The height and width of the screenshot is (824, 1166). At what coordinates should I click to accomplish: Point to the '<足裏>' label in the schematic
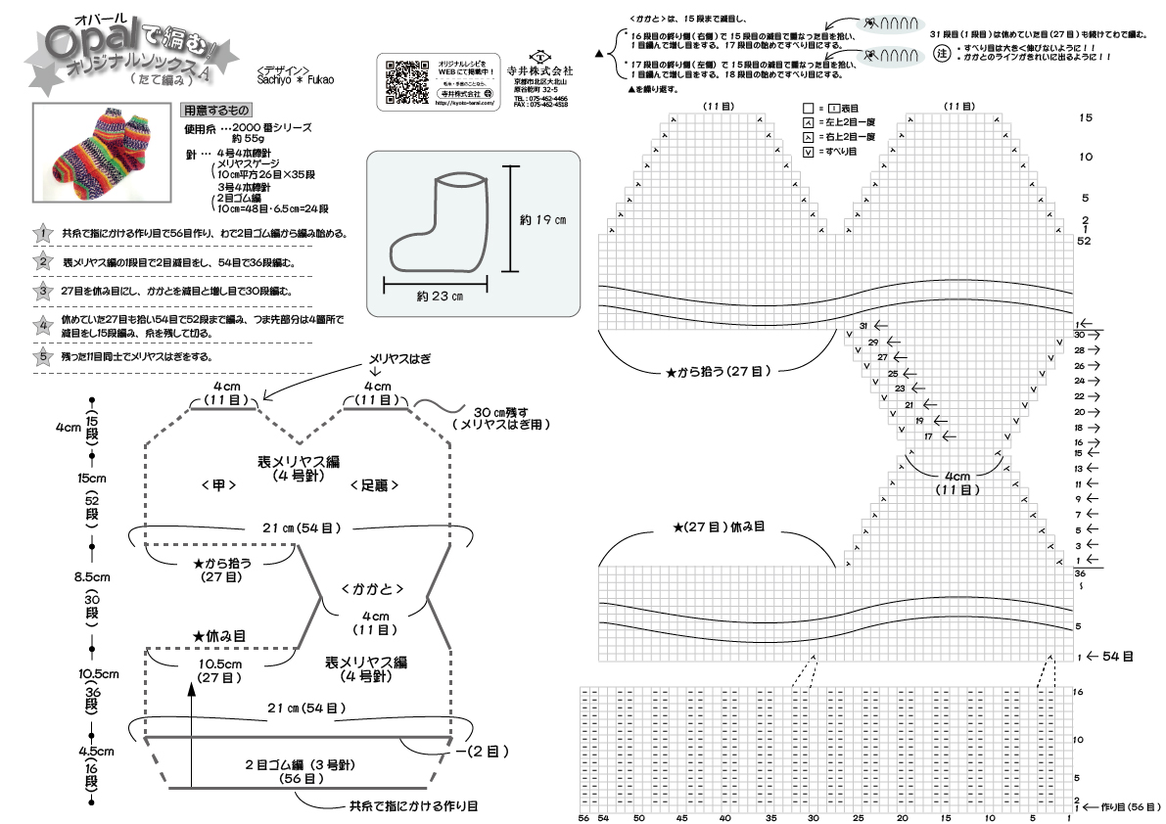[373, 484]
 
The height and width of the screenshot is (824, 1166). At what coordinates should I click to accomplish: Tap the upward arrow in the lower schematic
[192, 697]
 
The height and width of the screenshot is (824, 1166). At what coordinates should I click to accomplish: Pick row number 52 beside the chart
[1084, 240]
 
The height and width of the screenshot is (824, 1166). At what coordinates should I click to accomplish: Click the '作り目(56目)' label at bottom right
[1126, 808]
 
